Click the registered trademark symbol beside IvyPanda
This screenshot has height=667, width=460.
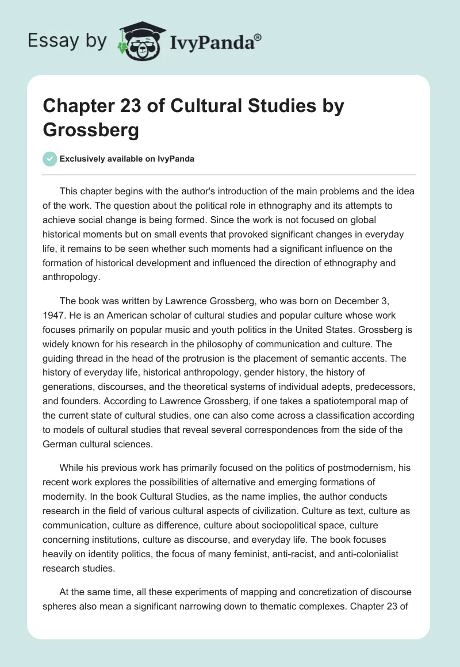tap(258, 37)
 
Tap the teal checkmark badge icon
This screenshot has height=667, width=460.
tap(50, 159)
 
